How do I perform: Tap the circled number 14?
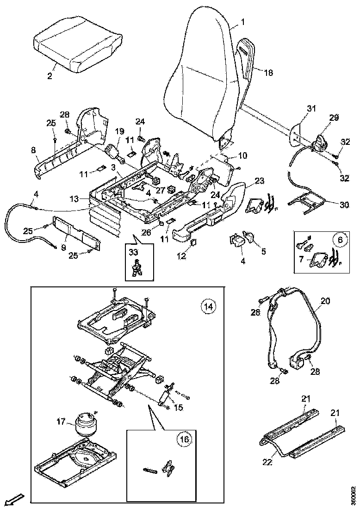(208, 306)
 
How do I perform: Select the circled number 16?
(185, 440)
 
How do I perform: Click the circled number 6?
(340, 240)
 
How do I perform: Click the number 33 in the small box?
(133, 252)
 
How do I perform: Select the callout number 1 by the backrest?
(244, 22)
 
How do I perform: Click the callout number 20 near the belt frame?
(326, 301)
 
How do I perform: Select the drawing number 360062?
(354, 496)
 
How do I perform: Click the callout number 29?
(334, 118)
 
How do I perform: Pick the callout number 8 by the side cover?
(33, 149)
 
